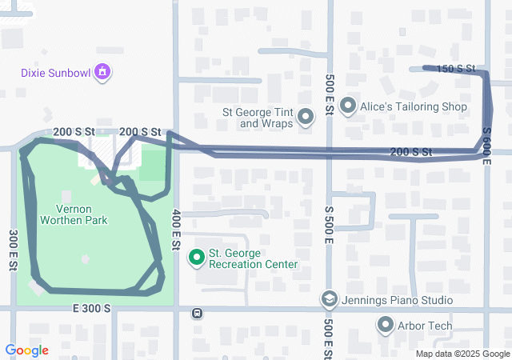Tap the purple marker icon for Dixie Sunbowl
(102, 74)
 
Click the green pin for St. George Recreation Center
(196, 258)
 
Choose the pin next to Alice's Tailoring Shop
(348, 106)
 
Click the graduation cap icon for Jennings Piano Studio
(329, 300)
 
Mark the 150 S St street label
(455, 69)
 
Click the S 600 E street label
(486, 146)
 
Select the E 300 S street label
(90, 308)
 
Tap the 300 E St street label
(14, 250)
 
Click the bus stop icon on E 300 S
(197, 313)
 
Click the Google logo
(26, 350)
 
